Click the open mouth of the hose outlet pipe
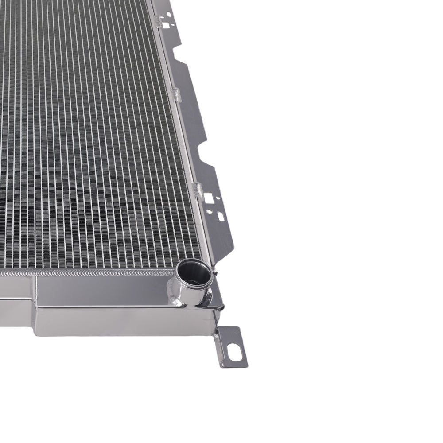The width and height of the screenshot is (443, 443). click(193, 274)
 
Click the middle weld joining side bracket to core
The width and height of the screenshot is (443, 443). click(176, 94)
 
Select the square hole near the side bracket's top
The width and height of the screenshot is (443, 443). click(166, 26)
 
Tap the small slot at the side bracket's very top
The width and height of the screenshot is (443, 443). click(168, 14)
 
